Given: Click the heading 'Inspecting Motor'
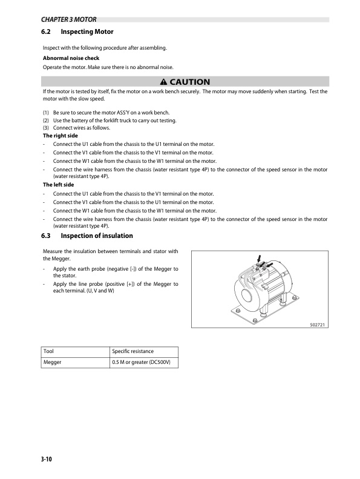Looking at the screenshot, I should (87, 31).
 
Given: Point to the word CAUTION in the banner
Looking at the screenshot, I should (190, 82).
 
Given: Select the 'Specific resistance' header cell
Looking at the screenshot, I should (133, 351).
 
